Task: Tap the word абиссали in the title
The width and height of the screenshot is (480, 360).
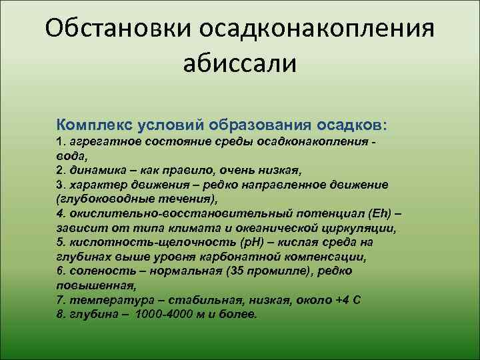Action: tap(239, 65)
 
